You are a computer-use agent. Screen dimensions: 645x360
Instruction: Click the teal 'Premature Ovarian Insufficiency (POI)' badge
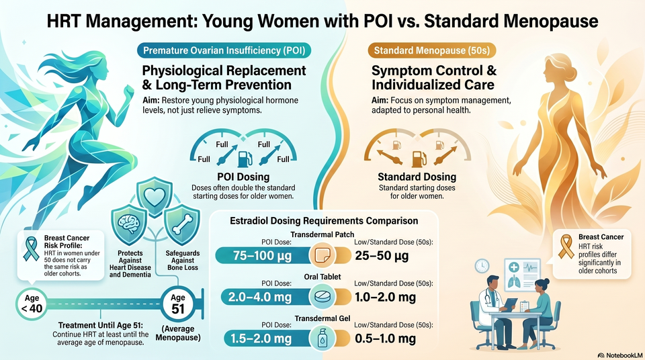pos(224,50)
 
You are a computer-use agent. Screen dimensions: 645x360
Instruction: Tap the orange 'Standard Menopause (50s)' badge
pos(431,50)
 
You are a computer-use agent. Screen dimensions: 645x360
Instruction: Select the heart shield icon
pos(155,197)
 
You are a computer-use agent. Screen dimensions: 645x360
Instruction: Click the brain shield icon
pos(129,224)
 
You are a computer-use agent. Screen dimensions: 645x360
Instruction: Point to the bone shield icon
pos(182,224)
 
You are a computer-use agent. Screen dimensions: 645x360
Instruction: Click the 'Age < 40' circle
pos(32,304)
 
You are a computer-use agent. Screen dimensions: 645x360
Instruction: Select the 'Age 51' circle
pos(177,304)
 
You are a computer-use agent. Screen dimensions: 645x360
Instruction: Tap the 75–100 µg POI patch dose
pos(262,255)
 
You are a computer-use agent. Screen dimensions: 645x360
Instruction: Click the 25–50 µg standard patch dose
pos(382,255)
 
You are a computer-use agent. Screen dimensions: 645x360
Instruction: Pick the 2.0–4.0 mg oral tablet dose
pos(259,297)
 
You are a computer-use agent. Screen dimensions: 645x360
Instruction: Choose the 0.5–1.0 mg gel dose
pos(386,339)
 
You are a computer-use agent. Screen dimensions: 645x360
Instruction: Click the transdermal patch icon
pos(322,255)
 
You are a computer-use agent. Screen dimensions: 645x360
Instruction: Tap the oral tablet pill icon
pos(322,297)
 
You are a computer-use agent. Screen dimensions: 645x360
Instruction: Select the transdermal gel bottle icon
pos(322,339)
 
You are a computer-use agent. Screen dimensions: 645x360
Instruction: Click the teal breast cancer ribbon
pos(31,249)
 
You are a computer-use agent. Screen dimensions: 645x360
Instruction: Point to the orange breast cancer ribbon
pos(566,246)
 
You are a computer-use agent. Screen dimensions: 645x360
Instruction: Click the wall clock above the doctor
pos(482,266)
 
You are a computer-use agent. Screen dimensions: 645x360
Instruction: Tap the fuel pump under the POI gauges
pos(245,159)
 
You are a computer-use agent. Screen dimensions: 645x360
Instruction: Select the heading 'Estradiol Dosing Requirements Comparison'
pos(324,220)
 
